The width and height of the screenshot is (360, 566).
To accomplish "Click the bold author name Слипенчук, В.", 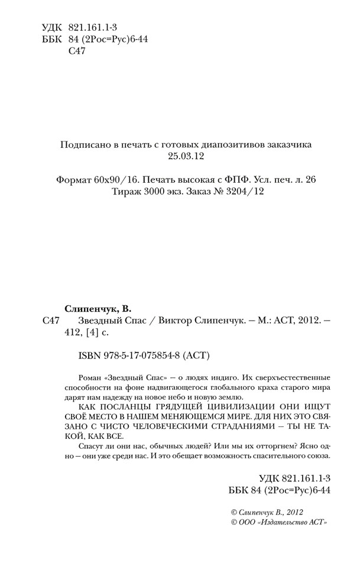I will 96,308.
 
